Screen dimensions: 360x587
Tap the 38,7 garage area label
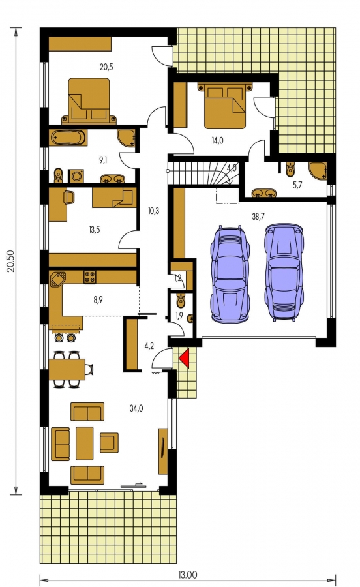click(x=258, y=217)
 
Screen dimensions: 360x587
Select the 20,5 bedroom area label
click(x=106, y=67)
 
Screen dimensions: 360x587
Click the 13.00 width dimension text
click(x=187, y=574)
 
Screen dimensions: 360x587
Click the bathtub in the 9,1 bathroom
click(x=68, y=138)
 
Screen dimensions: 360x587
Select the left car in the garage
click(x=230, y=274)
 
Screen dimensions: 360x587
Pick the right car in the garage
click(x=284, y=272)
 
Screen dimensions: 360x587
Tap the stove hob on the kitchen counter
click(x=89, y=277)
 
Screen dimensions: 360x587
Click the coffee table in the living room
click(x=85, y=444)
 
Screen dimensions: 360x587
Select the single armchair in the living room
click(x=109, y=442)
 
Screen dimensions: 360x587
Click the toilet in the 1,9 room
click(x=181, y=299)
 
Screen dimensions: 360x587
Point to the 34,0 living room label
click(x=136, y=408)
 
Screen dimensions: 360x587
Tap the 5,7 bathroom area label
click(x=297, y=185)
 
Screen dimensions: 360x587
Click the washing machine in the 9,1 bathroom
click(x=76, y=176)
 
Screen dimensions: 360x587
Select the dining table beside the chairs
click(x=67, y=369)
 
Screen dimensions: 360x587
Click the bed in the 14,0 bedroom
click(x=224, y=105)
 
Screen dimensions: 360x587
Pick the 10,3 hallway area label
click(x=153, y=211)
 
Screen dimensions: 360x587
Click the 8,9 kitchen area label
click(x=98, y=299)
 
